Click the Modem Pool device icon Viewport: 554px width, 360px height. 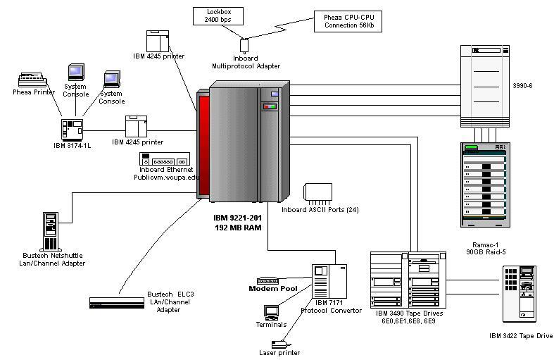(269, 280)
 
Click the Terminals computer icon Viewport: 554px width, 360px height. (272, 311)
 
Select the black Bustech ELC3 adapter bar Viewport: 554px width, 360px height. (116, 302)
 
